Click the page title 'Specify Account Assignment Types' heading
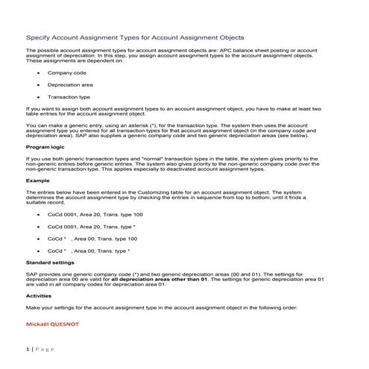point(134,36)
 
